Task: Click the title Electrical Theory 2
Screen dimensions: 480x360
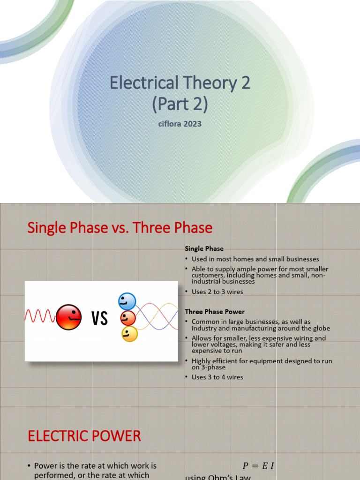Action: click(180, 83)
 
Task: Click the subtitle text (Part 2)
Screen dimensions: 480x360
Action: click(180, 104)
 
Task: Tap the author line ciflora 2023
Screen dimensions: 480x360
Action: click(180, 124)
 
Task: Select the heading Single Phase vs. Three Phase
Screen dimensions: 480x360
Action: click(120, 228)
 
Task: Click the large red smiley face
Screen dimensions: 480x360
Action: click(68, 317)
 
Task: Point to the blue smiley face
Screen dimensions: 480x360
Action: click(127, 301)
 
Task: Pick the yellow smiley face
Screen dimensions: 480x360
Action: click(129, 334)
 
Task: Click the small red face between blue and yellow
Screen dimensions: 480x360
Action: click(127, 318)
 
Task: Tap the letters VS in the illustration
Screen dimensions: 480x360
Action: click(99, 319)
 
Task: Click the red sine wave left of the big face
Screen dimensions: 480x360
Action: click(40, 317)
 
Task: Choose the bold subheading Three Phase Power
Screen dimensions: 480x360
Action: click(215, 311)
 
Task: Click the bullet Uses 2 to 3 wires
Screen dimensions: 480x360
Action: click(217, 292)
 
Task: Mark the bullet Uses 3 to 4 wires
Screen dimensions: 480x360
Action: click(217, 377)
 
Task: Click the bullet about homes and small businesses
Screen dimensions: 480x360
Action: click(255, 259)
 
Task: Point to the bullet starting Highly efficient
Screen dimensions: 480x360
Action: click(262, 364)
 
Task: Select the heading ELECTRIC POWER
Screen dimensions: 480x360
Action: click(84, 436)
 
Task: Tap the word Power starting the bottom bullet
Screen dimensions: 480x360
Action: click(45, 466)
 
